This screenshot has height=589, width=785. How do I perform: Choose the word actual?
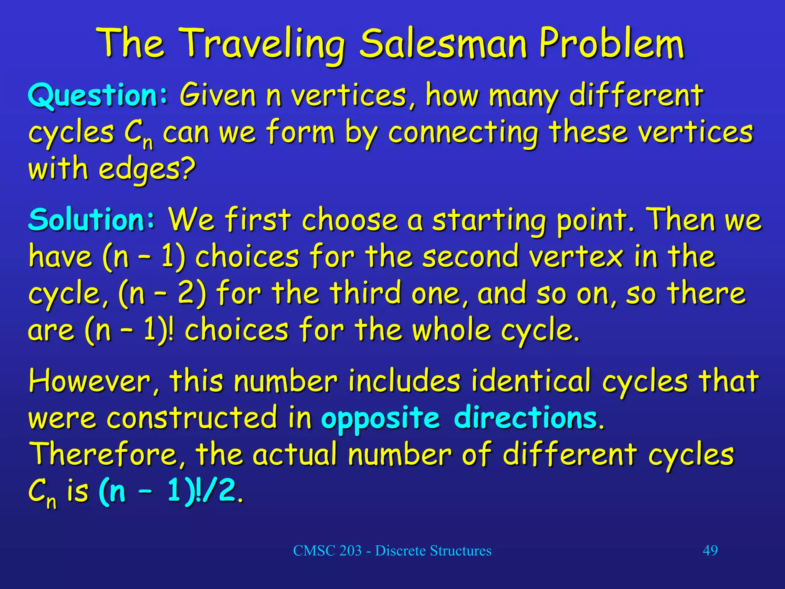pos(294,454)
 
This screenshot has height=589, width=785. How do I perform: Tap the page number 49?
pos(710,551)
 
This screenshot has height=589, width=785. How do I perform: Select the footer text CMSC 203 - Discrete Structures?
pos(392,551)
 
